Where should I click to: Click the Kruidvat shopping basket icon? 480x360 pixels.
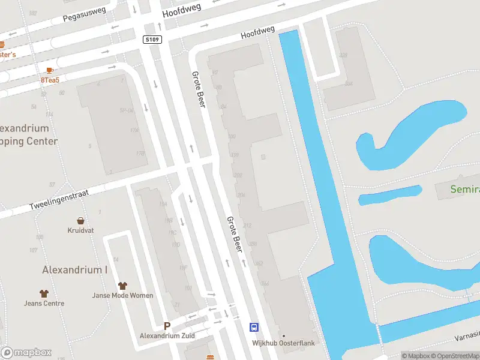click(80, 220)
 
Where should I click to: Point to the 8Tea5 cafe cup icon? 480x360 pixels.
click(49, 70)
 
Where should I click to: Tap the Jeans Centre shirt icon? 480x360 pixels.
click(44, 293)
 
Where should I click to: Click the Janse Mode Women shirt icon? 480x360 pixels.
click(123, 286)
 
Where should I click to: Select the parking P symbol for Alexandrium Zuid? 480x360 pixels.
click(167, 326)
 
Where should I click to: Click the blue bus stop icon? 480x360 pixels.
click(254, 327)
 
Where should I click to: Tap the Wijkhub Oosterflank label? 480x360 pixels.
click(284, 343)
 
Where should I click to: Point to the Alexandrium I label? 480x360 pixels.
click(75, 270)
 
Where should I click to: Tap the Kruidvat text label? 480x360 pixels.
click(80, 230)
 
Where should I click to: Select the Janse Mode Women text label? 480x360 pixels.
click(122, 295)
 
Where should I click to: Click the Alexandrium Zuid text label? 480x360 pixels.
click(167, 335)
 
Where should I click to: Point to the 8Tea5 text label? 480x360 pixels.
click(50, 79)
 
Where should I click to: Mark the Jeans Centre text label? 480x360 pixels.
click(44, 304)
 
